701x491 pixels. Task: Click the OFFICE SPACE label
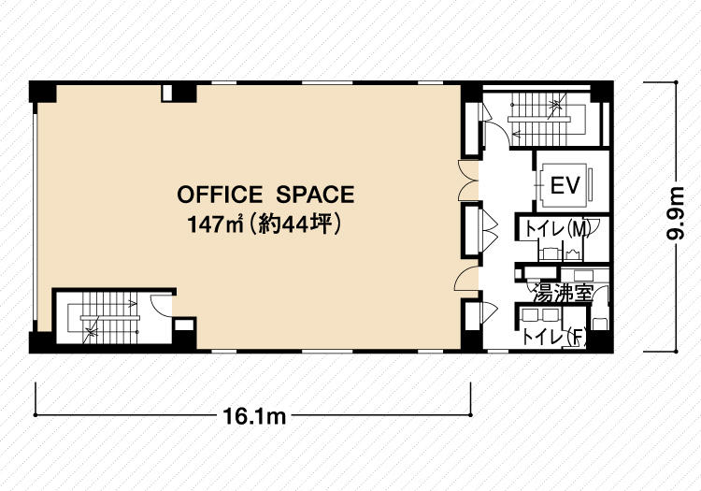point(266,195)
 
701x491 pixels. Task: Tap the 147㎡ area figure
point(216,224)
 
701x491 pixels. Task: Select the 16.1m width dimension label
point(254,416)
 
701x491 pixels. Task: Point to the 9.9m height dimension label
point(675,213)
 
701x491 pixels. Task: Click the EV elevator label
point(565,184)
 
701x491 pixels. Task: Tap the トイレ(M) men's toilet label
point(557,229)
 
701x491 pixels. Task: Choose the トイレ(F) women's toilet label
point(554,337)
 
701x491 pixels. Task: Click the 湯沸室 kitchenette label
point(563,294)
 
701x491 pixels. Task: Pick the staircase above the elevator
point(547,119)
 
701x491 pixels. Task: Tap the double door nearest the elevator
point(469,181)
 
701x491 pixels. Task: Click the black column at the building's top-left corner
point(42,93)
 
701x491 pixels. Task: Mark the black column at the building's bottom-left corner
point(42,342)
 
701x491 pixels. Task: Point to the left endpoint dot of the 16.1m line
point(36,415)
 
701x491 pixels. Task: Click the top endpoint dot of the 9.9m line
point(676,82)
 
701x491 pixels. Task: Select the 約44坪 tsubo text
point(294,224)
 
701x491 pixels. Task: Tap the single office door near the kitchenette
point(466,278)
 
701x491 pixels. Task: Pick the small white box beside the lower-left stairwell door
point(184,325)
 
